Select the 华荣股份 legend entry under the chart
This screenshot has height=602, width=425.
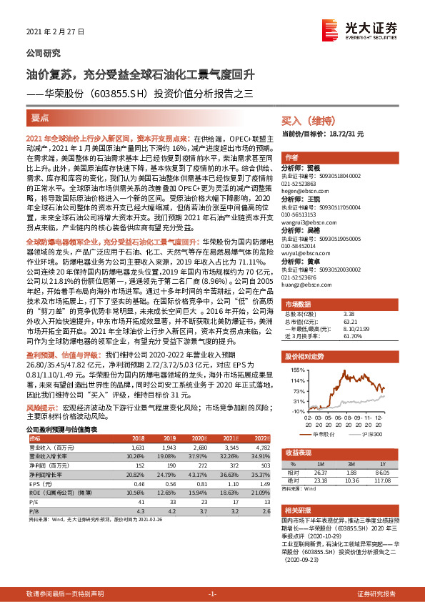point(321,434)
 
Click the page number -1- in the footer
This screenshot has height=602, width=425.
point(212,594)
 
